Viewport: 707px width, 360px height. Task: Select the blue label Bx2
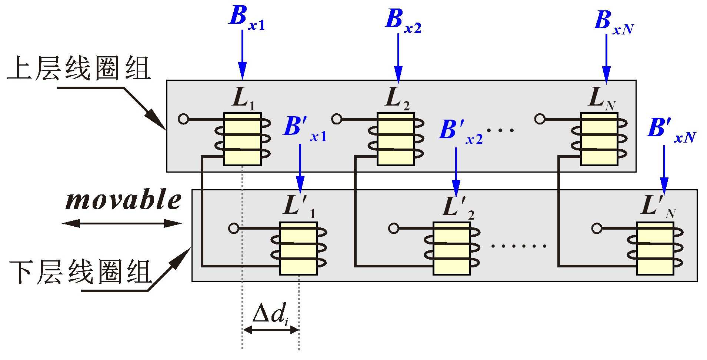[x=403, y=21]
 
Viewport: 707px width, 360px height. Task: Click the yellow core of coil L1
[x=243, y=139]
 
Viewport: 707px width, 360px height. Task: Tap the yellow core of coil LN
[x=599, y=139]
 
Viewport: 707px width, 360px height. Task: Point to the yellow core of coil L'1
[x=298, y=248]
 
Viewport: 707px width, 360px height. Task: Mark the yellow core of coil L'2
[x=451, y=248]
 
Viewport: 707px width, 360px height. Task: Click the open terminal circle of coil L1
[x=183, y=119]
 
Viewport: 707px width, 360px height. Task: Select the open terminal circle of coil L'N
[x=597, y=228]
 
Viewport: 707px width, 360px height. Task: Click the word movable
[x=123, y=200]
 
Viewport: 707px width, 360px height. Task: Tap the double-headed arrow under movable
[x=122, y=223]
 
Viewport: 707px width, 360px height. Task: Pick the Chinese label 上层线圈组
[x=79, y=69]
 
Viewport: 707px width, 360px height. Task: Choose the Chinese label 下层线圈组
[x=80, y=272]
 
